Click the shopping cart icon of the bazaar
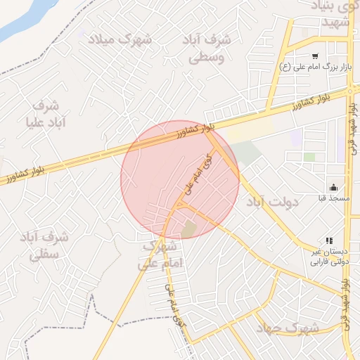(315, 56)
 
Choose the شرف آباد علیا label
(46, 115)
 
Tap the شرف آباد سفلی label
(44, 245)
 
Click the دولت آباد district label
(272, 202)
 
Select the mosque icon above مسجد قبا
(333, 187)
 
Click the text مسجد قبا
(333, 199)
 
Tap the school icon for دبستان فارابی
(329, 240)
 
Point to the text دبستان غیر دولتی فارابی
(329, 257)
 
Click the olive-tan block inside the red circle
(188, 229)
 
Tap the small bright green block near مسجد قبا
(309, 157)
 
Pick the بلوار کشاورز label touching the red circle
(194, 130)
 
